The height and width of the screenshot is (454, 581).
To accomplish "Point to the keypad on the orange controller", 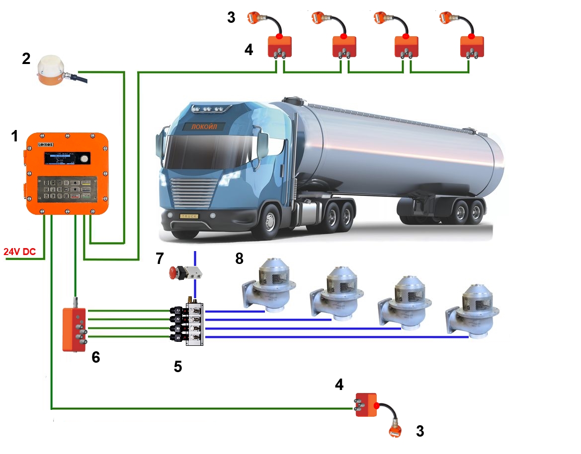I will (67, 189).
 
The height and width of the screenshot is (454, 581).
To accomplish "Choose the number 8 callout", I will (240, 259).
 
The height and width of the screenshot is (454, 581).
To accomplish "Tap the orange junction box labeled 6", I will (74, 329).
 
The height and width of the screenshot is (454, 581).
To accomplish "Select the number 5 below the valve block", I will (177, 366).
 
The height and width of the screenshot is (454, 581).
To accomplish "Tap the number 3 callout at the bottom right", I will (420, 431).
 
